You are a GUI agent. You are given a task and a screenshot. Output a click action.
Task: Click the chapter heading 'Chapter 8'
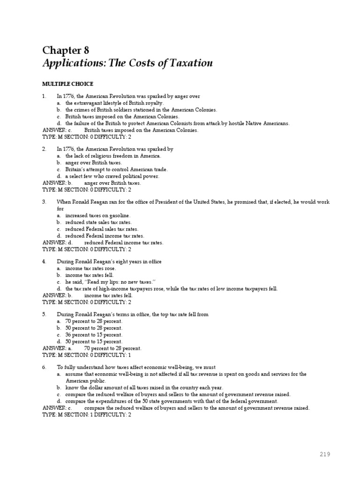tap(66, 50)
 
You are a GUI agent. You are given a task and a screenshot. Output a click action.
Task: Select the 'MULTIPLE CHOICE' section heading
tap(67, 84)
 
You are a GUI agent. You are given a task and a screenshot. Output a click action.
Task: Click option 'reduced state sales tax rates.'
tap(98, 222)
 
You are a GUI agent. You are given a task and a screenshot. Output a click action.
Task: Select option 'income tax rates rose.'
tap(90, 268)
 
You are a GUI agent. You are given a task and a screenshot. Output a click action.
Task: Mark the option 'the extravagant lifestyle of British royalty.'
tap(114, 103)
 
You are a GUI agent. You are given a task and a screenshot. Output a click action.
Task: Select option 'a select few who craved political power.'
tap(112, 176)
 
